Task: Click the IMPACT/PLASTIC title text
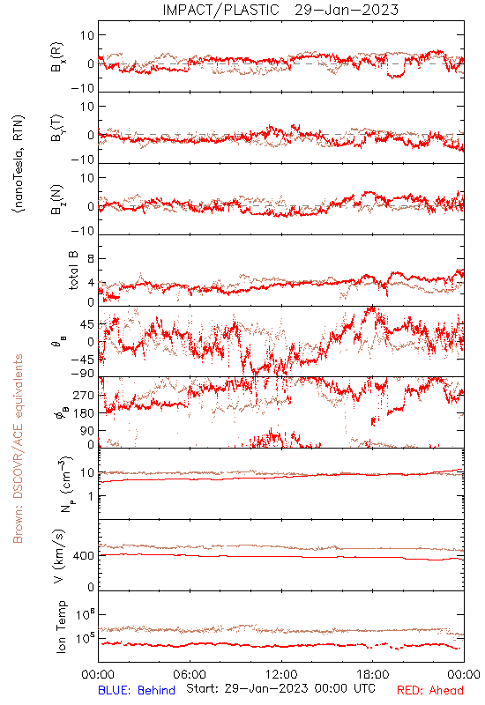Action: pos(220,10)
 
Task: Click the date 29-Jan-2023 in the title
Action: pos(347,10)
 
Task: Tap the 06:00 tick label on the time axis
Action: pos(190,674)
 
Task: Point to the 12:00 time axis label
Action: pos(281,674)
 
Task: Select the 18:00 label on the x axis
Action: pos(373,674)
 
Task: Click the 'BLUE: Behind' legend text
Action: pos(137,690)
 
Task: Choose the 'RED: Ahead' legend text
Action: pos(430,690)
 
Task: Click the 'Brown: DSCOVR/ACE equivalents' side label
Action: pos(18,449)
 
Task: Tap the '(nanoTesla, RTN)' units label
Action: pos(19,164)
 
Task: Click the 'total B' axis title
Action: pos(73,271)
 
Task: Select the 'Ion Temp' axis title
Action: pos(61,627)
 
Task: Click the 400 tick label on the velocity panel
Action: pos(84,556)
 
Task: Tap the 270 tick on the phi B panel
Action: pos(84,395)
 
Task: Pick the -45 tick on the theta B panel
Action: pos(82,360)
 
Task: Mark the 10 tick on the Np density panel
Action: pos(87,473)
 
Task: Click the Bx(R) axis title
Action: pos(58,56)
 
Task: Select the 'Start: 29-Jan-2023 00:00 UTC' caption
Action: pos(280,688)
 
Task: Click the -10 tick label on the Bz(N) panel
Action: pos(83,231)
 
